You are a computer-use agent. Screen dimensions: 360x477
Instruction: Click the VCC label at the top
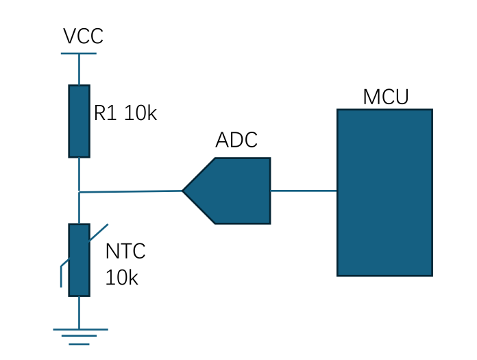point(83,36)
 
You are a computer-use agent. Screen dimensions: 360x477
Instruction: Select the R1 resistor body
point(79,121)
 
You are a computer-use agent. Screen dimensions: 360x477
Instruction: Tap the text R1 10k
point(125,113)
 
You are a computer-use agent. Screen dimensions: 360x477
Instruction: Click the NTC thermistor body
point(79,260)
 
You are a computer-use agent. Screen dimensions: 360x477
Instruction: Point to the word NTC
point(125,251)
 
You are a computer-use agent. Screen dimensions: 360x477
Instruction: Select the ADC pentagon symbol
point(233,191)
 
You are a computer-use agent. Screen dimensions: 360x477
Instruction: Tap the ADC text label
point(236,140)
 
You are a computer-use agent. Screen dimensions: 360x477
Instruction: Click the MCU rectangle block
point(384,192)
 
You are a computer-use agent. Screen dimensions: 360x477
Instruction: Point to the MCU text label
point(386,97)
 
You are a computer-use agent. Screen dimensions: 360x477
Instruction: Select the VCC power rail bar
point(79,53)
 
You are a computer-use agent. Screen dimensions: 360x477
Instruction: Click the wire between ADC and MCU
point(304,191)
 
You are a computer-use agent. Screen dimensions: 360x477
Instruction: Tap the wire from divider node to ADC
point(130,191)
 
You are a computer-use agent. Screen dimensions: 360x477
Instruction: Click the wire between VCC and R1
point(79,69)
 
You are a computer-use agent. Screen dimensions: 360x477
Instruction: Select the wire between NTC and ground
point(79,312)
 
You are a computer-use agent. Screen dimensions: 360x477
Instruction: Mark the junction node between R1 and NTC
point(79,192)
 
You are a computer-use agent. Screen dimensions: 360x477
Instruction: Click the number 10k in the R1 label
point(140,113)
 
